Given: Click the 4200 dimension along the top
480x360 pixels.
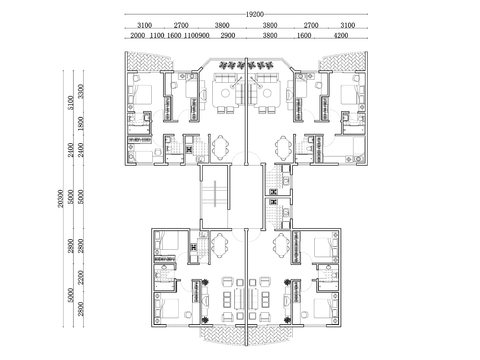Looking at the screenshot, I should point(341,35).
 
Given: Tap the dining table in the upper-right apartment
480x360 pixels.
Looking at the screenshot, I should point(283,147).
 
